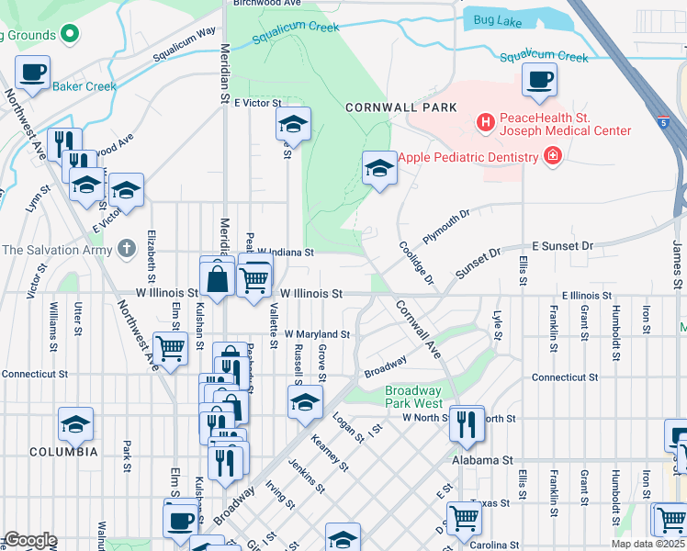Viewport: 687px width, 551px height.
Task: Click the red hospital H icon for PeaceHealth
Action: tap(485, 120)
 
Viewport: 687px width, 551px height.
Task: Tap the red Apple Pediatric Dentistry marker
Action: tap(552, 157)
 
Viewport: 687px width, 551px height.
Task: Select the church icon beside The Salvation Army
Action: tap(127, 249)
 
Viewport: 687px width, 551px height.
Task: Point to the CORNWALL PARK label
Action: tap(401, 107)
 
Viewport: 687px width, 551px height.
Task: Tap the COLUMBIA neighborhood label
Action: tap(63, 452)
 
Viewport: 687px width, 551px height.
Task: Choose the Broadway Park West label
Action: tap(412, 397)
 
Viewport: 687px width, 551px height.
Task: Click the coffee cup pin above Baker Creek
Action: tap(33, 73)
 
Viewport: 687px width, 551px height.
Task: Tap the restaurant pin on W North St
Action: tap(467, 423)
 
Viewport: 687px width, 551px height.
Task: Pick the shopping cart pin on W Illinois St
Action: tap(254, 277)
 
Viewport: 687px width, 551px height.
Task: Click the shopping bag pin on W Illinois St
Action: tap(218, 279)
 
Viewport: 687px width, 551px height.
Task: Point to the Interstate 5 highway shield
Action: tap(662, 121)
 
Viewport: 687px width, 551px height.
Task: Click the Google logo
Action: tap(29, 540)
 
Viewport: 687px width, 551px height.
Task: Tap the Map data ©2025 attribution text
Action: tap(648, 544)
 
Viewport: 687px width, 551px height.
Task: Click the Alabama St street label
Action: tap(475, 459)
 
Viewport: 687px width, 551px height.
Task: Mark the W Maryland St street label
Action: tap(317, 334)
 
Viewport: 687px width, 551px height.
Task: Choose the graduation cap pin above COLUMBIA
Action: tap(75, 425)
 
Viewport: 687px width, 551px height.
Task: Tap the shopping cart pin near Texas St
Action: tap(465, 518)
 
